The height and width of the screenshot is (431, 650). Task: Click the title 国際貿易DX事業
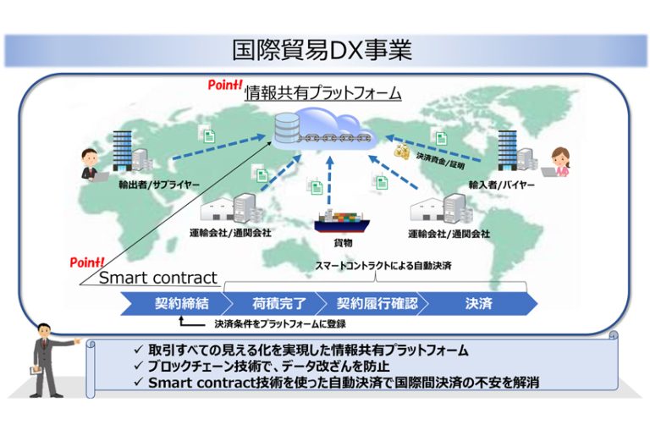tap(322, 50)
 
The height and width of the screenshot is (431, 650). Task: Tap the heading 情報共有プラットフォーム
tap(323, 92)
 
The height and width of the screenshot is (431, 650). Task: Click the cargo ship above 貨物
tap(342, 221)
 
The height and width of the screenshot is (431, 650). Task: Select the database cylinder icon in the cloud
tap(286, 126)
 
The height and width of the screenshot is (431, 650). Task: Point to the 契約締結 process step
tap(177, 304)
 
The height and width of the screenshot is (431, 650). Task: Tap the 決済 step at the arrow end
tap(479, 304)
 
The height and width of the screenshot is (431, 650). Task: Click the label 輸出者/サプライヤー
tap(159, 185)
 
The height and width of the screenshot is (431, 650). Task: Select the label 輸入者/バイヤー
tap(501, 185)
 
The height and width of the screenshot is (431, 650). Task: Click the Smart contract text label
tap(158, 278)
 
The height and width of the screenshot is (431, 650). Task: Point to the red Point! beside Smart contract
tap(86, 262)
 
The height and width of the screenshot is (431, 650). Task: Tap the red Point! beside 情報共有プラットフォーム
tap(224, 85)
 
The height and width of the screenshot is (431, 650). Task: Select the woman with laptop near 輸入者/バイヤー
tap(557, 163)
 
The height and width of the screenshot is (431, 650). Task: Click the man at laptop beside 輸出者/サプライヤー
tap(93, 164)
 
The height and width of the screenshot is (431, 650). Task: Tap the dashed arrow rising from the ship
tap(329, 181)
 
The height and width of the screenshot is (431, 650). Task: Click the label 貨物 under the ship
tap(343, 242)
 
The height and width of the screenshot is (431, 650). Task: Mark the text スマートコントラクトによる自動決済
tap(383, 266)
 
